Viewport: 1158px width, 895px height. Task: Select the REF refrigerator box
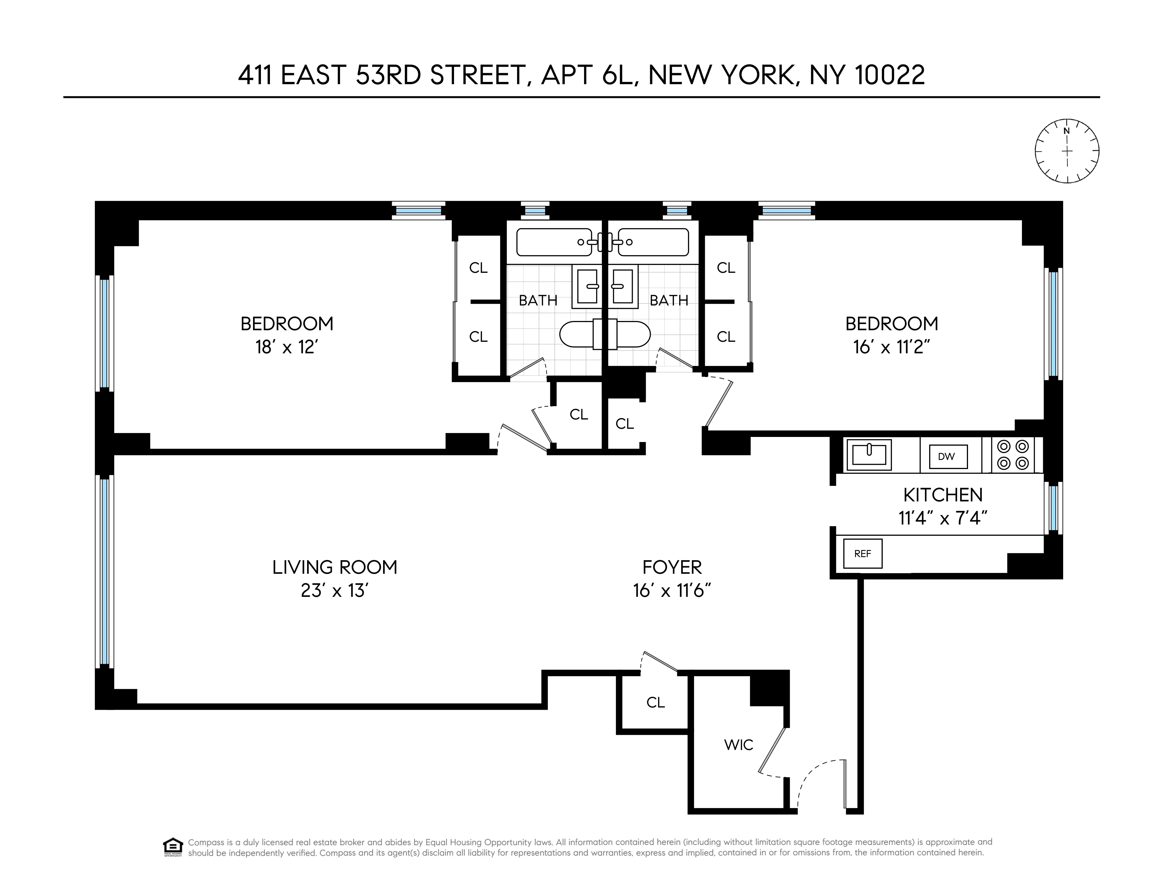pos(863,553)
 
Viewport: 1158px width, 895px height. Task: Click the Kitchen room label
pos(943,495)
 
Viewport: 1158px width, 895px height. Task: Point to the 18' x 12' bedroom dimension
pos(286,347)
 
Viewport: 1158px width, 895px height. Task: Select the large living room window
pos(104,571)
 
